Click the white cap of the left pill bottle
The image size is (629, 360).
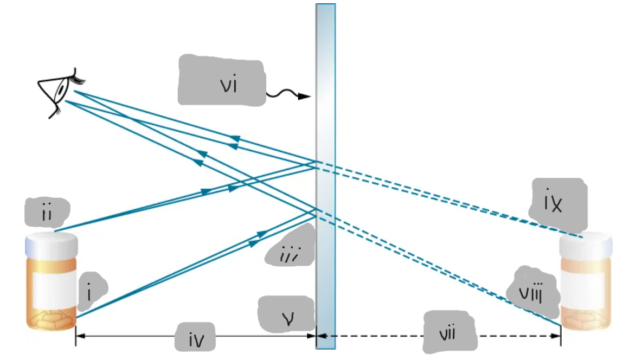click(52, 243)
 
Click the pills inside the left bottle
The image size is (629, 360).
click(53, 321)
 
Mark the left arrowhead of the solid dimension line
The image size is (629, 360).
click(78, 336)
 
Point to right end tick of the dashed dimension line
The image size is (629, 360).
click(560, 336)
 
